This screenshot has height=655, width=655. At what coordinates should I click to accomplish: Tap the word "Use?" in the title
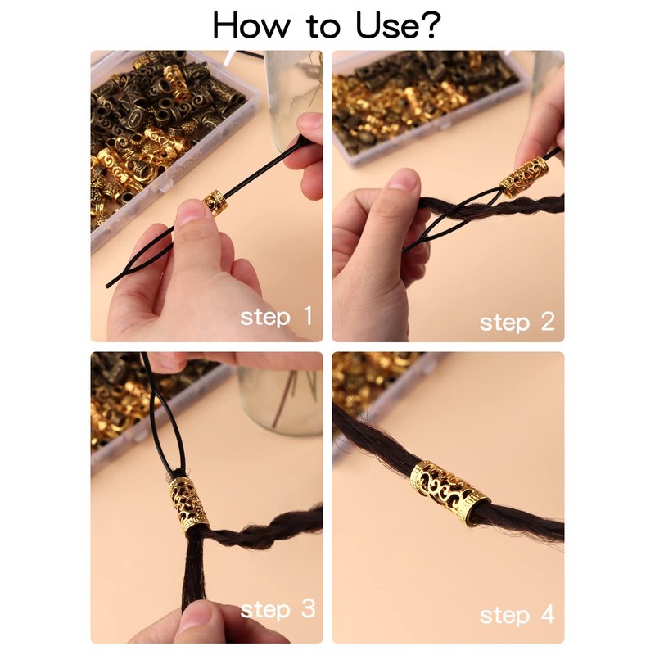pos(398,25)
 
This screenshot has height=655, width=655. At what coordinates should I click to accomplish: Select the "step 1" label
pos(277,316)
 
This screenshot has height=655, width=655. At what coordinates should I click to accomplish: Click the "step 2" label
pos(517,323)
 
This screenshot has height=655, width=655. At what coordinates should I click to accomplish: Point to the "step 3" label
pos(278,609)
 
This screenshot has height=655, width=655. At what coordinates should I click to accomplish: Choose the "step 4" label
pos(517,615)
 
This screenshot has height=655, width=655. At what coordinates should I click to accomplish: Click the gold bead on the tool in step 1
pos(215,202)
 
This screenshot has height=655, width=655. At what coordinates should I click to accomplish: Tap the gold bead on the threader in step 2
pos(523,177)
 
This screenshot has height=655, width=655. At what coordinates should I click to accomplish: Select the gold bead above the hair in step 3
pos(189,504)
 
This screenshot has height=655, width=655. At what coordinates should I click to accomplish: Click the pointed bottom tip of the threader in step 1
pos(108,286)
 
